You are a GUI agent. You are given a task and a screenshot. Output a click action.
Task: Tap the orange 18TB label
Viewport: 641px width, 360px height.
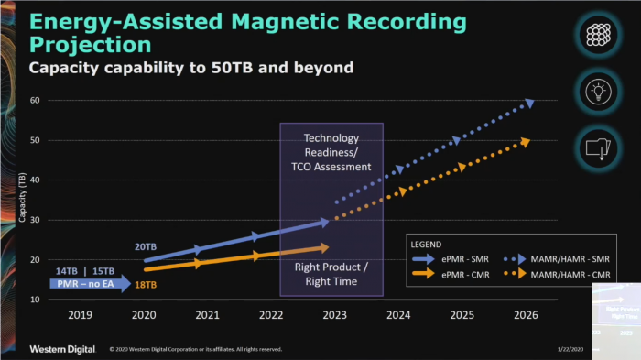pos(147,286)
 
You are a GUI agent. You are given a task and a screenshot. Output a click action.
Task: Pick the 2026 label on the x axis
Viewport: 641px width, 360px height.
pos(519,315)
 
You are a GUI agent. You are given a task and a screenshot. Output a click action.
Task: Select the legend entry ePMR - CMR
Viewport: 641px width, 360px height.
pos(463,274)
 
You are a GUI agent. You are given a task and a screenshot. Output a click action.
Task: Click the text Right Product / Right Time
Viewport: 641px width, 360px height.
pos(331,274)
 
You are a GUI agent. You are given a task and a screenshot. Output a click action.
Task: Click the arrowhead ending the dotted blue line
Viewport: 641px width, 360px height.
pos(528,103)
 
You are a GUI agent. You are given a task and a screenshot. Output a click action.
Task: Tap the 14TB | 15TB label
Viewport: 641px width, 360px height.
pos(85,271)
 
